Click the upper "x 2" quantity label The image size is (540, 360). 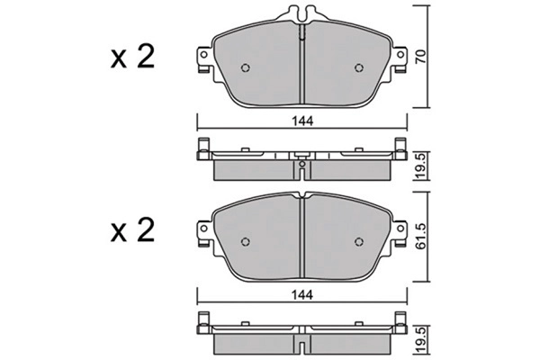pos(132,58)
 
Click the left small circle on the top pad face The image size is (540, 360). pos(246,68)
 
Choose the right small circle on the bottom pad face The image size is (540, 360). pos(359,240)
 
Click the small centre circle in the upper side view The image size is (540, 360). pos(301,165)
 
